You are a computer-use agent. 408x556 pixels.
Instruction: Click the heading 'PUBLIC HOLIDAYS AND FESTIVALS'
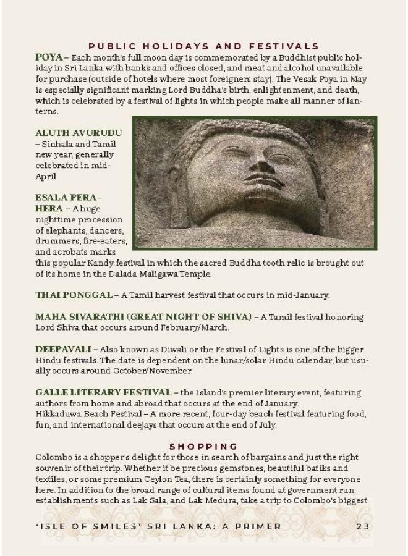point(203,46)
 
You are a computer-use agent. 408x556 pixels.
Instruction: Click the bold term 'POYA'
point(49,57)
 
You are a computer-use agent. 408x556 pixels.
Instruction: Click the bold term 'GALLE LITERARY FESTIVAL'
point(103,393)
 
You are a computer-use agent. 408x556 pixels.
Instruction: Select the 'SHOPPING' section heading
point(203,445)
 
